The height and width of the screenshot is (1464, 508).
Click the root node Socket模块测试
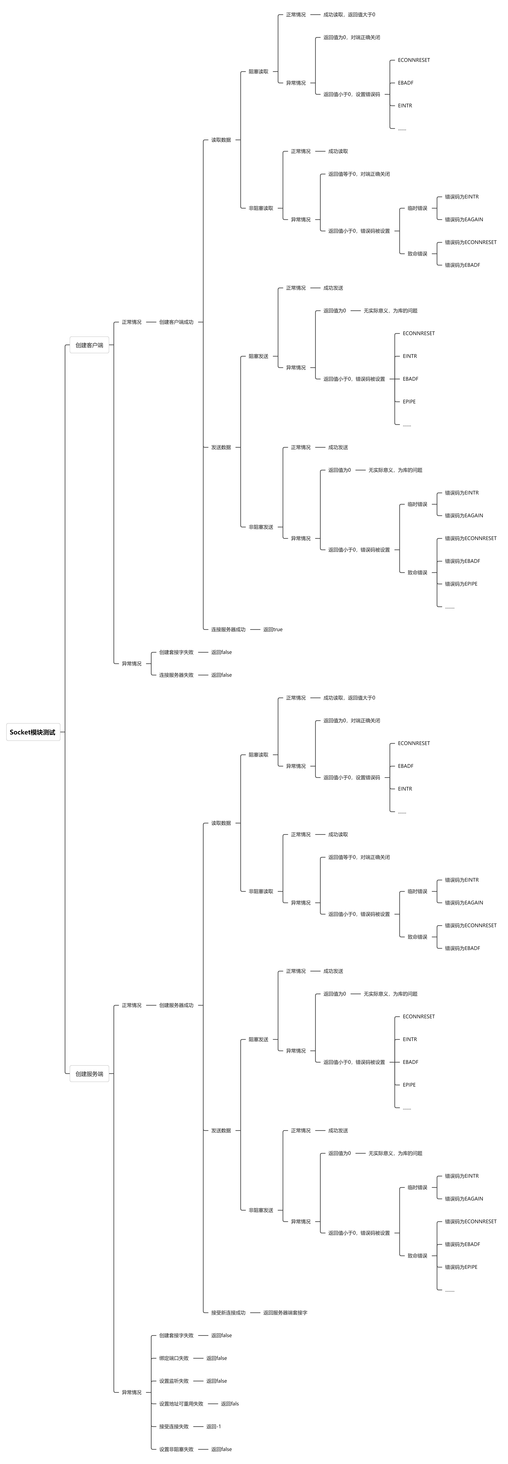(33, 732)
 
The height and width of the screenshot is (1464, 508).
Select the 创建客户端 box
(89, 345)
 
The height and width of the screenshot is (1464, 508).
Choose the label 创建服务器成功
(176, 1005)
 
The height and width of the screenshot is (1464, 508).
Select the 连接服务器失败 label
(176, 675)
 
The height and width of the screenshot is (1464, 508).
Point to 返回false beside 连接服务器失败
(222, 675)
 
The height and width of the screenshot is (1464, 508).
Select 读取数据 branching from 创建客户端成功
(221, 140)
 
